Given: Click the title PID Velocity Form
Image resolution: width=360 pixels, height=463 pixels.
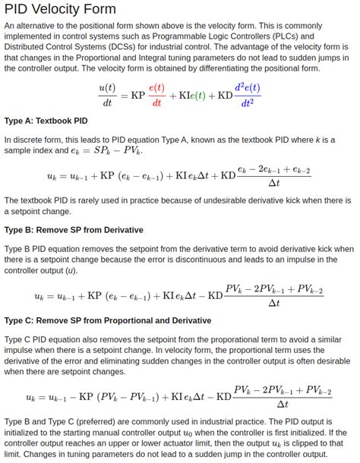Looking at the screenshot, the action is point(60,9).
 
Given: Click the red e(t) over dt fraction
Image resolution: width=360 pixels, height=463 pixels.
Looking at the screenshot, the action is point(157,95).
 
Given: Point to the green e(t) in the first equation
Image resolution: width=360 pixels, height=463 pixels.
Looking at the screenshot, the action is point(197,95).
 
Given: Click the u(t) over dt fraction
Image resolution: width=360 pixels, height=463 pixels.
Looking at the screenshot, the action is point(107,95).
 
